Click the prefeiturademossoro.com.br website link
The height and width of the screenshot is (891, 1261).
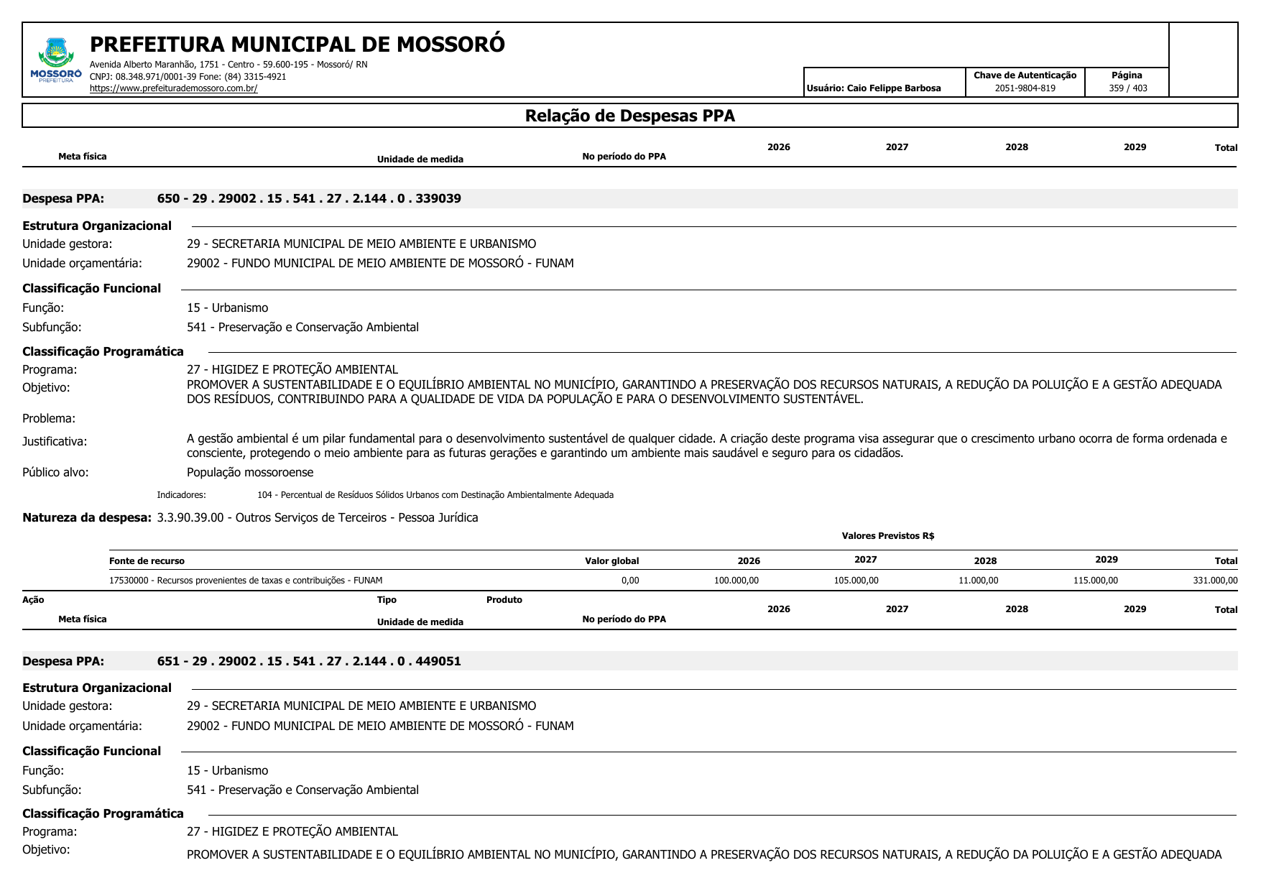tap(173, 88)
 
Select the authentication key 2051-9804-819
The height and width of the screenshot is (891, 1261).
tap(1025, 88)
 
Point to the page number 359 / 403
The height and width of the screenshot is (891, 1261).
tap(1127, 88)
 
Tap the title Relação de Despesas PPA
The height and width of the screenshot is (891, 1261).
tap(629, 116)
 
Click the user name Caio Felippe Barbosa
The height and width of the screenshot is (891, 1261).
tap(893, 88)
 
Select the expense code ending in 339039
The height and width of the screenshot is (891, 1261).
tap(309, 198)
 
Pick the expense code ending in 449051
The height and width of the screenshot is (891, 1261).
tap(309, 661)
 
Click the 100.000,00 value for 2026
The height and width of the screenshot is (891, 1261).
tap(736, 581)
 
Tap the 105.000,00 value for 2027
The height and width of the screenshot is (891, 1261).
tap(856, 581)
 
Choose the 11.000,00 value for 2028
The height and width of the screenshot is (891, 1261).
tap(978, 581)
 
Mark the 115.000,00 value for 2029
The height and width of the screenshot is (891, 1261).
tap(1095, 581)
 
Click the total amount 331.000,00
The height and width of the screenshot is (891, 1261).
tap(1215, 581)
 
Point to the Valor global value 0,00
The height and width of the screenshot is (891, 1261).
tap(629, 581)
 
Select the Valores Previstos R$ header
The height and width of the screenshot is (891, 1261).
tap(887, 536)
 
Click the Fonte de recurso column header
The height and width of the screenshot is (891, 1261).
tap(147, 561)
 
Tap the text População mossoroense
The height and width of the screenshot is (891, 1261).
tap(250, 473)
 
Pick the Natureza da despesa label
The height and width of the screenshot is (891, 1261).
tap(87, 517)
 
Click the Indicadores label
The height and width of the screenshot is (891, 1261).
tap(181, 495)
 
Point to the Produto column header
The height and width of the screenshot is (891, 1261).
tap(504, 600)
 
